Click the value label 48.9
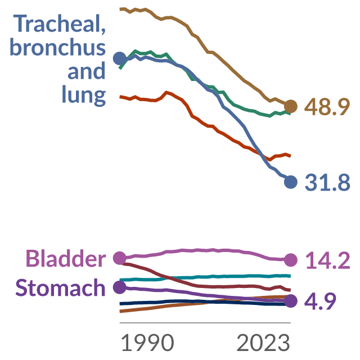[327, 107]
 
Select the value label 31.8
[327, 182]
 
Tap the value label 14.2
[328, 260]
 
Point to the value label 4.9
[320, 301]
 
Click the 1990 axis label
[147, 343]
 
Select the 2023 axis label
[263, 343]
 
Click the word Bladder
[66, 258]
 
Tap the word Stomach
[60, 287]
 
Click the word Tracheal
[60, 24]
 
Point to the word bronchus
[58, 47]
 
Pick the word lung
[84, 94]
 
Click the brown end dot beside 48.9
[291, 106]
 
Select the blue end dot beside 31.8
[291, 182]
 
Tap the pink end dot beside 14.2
[291, 260]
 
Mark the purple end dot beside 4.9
[291, 301]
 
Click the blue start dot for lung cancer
[120, 58]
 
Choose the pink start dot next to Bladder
[120, 258]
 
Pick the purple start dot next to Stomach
[120, 287]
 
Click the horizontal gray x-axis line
[205, 323]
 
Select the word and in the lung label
[87, 71]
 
